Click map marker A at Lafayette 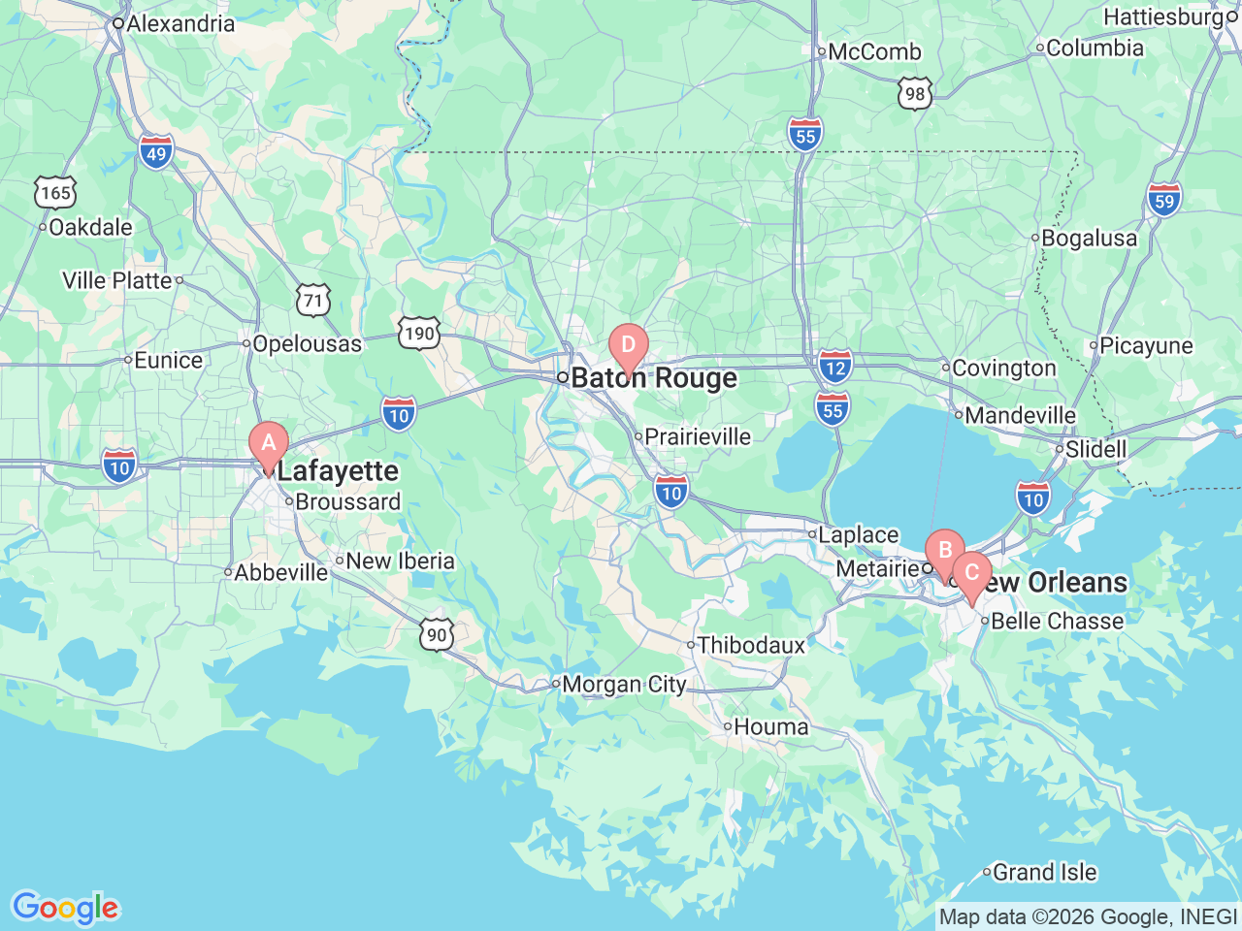(269, 445)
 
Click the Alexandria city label (180, 23)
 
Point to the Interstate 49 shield (156, 152)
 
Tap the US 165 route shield (55, 193)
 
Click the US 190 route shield (419, 335)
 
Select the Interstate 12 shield (834, 367)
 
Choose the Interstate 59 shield (1164, 200)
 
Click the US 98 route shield (914, 94)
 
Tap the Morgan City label (623, 685)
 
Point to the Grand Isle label (1044, 873)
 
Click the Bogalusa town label (1089, 239)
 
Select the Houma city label (770, 727)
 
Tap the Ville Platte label (117, 281)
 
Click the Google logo (64, 909)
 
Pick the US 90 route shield (437, 635)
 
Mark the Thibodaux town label (751, 646)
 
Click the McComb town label (874, 52)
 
